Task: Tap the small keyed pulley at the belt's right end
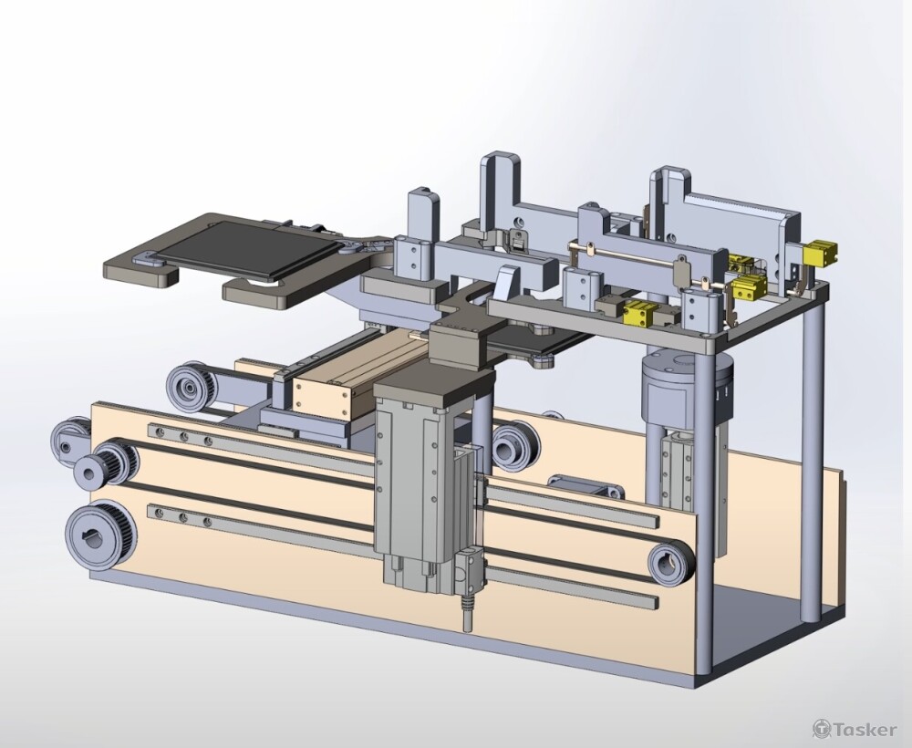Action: [x=671, y=563]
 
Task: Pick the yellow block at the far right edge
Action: [x=820, y=253]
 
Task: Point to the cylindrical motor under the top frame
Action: [x=687, y=387]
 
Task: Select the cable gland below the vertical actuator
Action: [x=466, y=614]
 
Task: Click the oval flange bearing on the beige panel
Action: [x=586, y=485]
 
